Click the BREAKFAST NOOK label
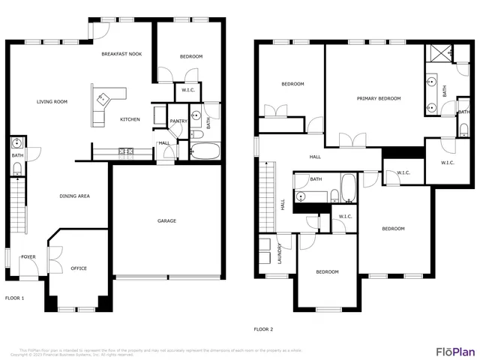point(122,54)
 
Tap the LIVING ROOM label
point(52,102)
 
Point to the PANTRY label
point(178,121)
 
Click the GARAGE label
point(166,220)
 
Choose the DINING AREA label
point(75,196)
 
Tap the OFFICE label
point(79,268)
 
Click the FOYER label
point(28,256)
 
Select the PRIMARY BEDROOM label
point(379,98)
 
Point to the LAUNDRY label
point(279,254)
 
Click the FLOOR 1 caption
point(15,298)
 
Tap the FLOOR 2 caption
point(263,328)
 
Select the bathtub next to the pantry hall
point(204,151)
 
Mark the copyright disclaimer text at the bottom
point(150,352)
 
